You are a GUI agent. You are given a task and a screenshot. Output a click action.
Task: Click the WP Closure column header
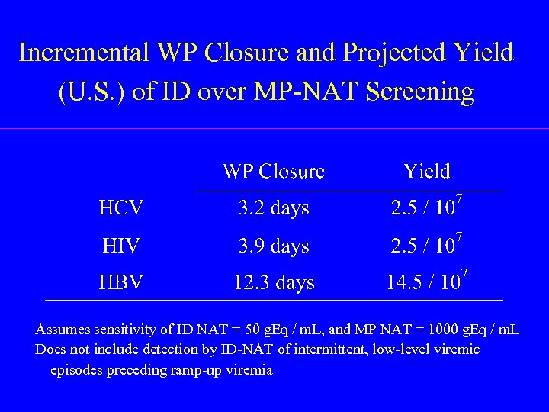click(273, 171)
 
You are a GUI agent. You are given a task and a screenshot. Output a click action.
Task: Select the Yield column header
click(427, 171)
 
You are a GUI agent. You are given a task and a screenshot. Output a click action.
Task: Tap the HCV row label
click(121, 208)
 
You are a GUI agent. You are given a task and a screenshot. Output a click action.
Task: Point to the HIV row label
click(120, 246)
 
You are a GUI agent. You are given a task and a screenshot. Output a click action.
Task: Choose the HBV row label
click(121, 283)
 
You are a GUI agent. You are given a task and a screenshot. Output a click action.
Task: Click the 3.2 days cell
click(273, 208)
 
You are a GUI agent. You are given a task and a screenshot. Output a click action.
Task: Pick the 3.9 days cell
click(273, 246)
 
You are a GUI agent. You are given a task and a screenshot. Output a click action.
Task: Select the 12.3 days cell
click(273, 283)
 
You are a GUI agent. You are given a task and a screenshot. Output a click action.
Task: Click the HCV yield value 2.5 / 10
click(423, 208)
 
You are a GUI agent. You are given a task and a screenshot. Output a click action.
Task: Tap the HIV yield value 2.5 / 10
click(423, 246)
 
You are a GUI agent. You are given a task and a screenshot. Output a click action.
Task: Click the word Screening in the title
click(419, 92)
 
